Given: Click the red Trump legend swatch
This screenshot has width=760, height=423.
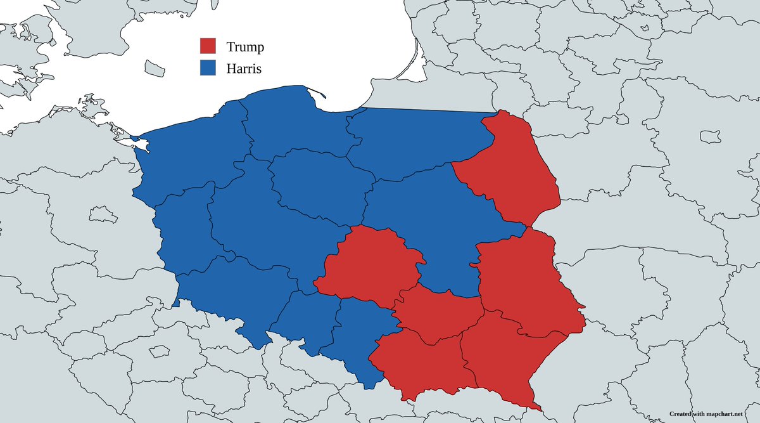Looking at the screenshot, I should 208,46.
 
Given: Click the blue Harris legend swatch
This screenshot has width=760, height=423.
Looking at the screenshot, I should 208,67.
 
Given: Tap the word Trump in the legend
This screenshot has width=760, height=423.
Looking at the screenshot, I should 245,47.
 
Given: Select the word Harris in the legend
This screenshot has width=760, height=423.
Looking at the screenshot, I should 244,68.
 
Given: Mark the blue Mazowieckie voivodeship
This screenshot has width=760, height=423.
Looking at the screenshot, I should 431,222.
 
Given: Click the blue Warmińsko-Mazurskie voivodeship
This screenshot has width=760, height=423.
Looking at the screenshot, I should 418,140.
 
